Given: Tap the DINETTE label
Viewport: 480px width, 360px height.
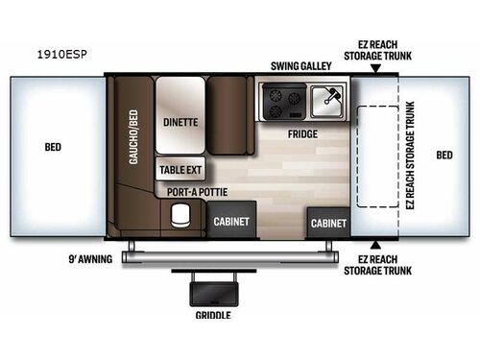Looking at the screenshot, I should tap(180, 123).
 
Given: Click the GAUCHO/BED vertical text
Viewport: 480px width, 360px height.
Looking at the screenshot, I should tap(134, 155).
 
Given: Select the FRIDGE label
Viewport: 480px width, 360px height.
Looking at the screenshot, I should tap(303, 134).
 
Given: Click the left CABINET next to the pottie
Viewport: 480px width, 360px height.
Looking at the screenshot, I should tap(231, 221).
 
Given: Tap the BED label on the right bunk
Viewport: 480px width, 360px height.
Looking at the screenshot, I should tap(444, 155).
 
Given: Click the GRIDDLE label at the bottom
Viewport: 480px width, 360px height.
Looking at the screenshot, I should tap(213, 314).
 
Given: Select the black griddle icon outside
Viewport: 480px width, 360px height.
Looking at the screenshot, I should tap(213, 288).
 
